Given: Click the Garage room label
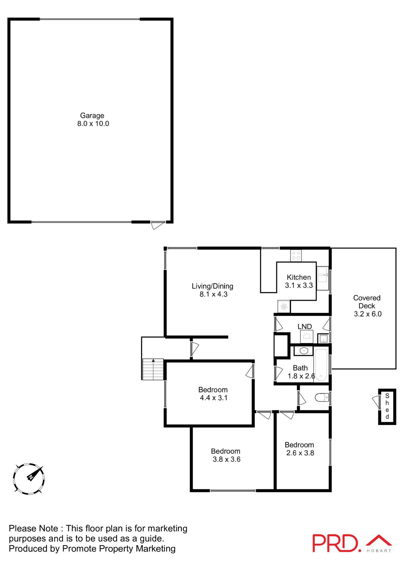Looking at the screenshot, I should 92,115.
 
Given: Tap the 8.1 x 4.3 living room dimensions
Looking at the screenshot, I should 213,294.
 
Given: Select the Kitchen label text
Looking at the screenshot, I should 298,277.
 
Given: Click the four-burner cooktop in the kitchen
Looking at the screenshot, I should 296,255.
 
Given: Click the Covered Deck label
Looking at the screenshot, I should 367,302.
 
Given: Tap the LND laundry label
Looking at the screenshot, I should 305,327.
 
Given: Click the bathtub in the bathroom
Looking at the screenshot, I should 321,365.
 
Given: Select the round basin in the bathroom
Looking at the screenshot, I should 304,351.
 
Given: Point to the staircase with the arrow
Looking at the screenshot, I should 153,369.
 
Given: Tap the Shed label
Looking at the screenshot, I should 387,406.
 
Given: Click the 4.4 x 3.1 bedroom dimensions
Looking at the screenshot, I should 214,398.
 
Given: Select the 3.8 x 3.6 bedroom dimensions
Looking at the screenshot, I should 226,459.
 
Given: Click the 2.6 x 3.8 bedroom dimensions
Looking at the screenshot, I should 300,453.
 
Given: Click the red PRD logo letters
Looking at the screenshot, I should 335,543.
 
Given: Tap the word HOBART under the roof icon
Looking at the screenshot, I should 379,551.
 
